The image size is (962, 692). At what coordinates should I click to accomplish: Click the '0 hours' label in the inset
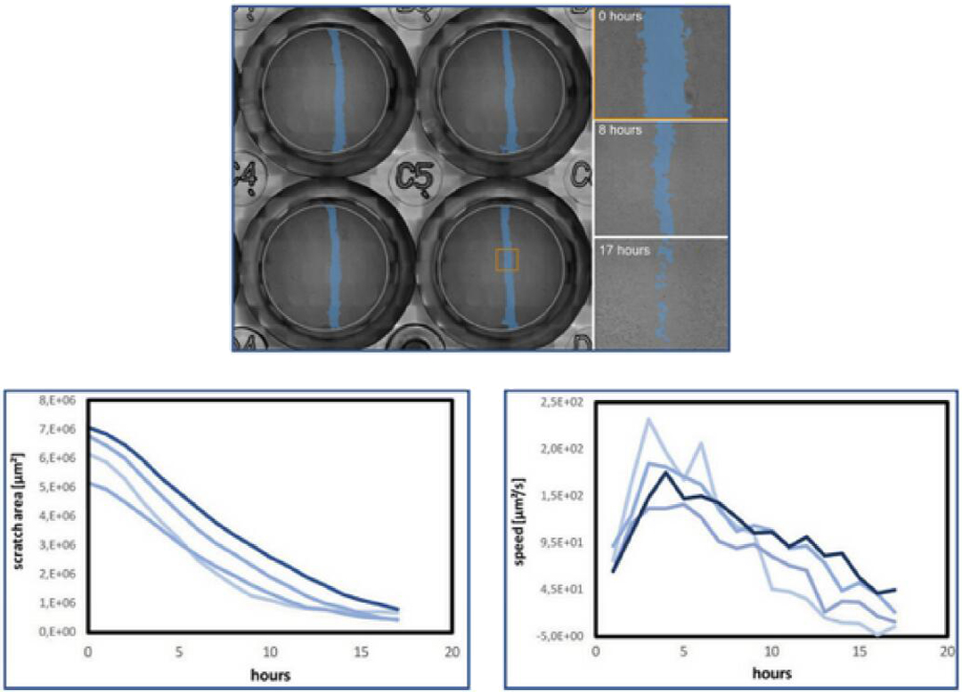click(x=621, y=16)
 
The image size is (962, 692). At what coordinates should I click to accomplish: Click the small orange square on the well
click(x=507, y=259)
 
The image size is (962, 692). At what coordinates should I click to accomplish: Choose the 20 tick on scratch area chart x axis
click(x=452, y=650)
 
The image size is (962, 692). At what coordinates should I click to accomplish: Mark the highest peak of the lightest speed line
click(x=649, y=419)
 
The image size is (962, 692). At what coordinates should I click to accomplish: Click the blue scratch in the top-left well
click(x=336, y=89)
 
